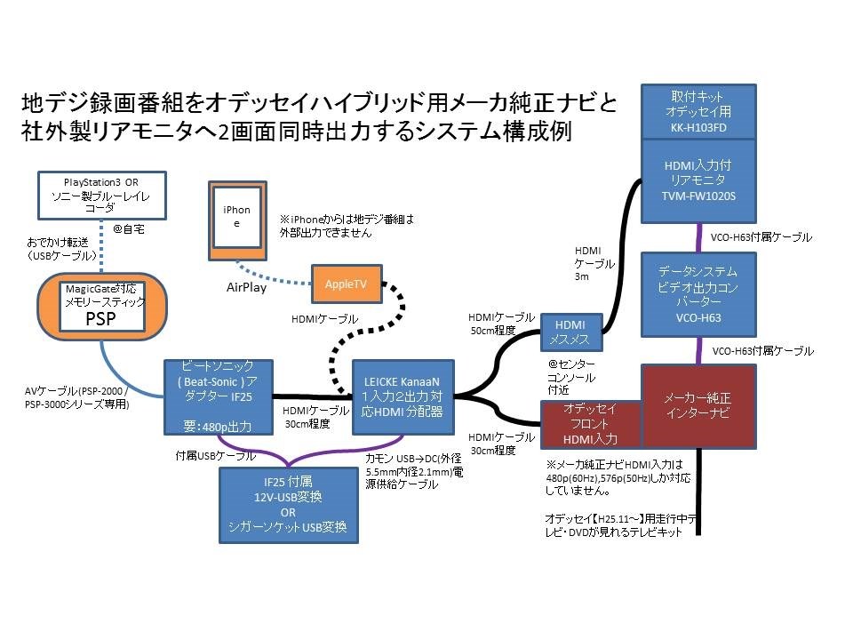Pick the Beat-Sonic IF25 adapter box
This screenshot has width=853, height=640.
click(218, 396)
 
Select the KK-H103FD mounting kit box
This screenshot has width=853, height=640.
click(699, 113)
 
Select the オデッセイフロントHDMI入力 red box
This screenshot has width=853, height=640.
click(591, 424)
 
